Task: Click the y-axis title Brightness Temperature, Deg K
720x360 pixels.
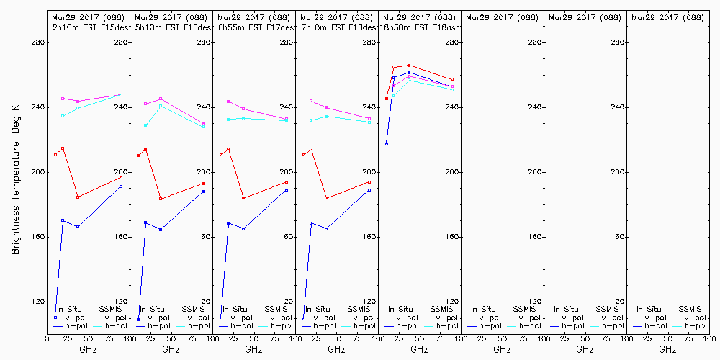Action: (15, 172)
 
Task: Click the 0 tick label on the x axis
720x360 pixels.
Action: (48, 338)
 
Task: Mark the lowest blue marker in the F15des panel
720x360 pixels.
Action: (55, 317)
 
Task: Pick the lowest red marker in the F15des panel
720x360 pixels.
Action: (78, 197)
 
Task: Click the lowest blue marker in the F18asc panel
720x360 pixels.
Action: (387, 144)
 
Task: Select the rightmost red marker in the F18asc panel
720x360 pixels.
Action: (452, 79)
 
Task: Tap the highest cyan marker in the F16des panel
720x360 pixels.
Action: (161, 106)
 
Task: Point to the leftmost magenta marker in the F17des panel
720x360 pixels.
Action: (228, 102)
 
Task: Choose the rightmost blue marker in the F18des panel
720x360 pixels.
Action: (369, 190)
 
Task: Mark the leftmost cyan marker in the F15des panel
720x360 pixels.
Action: (63, 116)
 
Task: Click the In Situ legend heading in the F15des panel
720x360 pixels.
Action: (70, 309)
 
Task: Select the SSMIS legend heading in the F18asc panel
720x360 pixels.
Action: (442, 309)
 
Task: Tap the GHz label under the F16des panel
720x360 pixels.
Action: (171, 349)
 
